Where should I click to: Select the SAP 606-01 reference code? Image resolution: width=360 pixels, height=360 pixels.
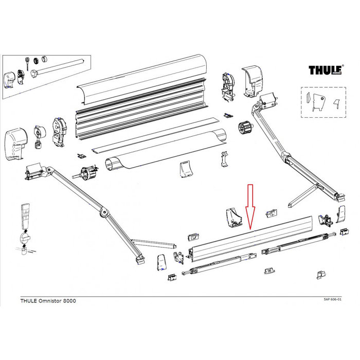[x=336, y=299]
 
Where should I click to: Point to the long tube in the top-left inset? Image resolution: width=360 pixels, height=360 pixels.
[x=62, y=67]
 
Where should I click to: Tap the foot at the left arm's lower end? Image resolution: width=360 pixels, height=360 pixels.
[x=140, y=261]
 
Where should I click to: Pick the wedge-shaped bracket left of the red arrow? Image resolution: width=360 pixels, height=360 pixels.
[x=233, y=217]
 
